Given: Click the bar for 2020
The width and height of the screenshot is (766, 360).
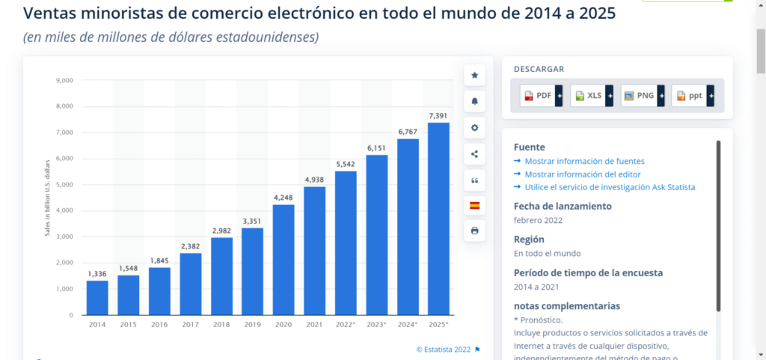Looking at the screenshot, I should [284, 259].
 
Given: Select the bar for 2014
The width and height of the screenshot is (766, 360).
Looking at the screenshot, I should [97, 297].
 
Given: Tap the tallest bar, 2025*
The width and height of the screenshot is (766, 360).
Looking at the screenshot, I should [438, 219].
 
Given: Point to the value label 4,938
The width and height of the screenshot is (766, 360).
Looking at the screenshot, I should [314, 180].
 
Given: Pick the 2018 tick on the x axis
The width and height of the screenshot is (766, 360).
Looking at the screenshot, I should [221, 324].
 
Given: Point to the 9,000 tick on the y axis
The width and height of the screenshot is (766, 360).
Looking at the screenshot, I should [64, 80].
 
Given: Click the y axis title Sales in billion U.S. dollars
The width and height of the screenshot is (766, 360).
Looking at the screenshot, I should [47, 198].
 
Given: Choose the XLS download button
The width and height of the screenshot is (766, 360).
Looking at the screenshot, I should [589, 96].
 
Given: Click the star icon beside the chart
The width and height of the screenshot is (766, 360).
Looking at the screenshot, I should [474, 75].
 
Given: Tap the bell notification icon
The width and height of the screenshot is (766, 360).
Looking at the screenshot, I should [474, 101].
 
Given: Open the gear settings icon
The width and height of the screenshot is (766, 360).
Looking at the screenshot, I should [474, 127].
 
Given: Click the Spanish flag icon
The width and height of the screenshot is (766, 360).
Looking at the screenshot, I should [474, 205].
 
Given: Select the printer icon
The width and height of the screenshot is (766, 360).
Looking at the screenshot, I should [474, 231].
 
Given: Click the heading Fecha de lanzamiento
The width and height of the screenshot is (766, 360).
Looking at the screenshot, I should [563, 206].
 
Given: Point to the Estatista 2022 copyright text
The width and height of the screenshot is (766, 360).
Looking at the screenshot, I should [444, 349].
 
